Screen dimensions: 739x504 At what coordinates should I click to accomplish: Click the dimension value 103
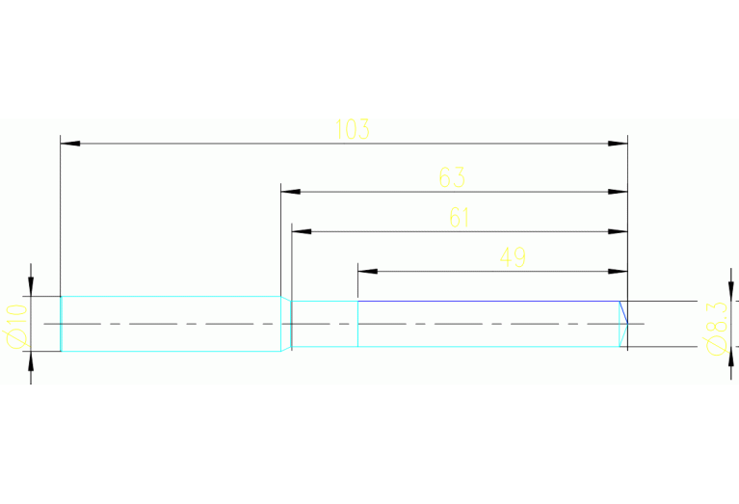[x=353, y=129]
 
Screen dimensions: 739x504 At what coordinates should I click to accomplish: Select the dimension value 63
[x=452, y=177]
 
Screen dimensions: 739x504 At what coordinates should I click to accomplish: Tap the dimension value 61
[x=460, y=218]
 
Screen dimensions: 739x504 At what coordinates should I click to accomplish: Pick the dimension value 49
[x=513, y=257]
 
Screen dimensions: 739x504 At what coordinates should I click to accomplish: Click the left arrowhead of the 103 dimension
[x=68, y=144]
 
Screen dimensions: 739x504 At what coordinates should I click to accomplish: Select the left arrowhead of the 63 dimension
[x=289, y=192]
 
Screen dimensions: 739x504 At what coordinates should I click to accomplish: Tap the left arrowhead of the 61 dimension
[x=302, y=231]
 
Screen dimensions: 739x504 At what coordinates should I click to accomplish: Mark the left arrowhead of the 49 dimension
[x=366, y=271]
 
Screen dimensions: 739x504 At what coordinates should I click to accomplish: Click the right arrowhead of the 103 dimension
[x=619, y=144]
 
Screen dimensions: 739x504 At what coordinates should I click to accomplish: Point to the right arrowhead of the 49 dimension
[x=619, y=271]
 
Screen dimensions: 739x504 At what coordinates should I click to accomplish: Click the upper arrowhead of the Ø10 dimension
[x=31, y=287]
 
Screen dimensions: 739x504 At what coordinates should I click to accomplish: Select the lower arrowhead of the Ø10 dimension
[x=31, y=360]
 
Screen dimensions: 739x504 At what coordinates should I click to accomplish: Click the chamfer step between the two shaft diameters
[x=286, y=323]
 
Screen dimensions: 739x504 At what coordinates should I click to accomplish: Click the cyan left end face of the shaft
[x=62, y=324]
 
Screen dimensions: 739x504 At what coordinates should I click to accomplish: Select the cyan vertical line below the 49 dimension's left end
[x=358, y=324]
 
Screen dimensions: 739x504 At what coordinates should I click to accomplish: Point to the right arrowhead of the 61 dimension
[x=619, y=231]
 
